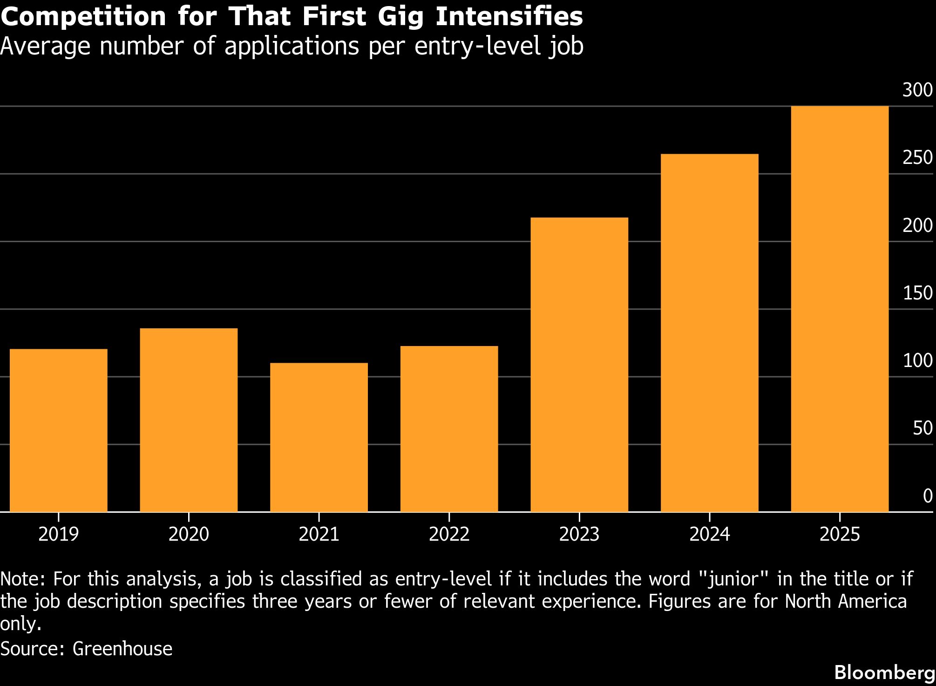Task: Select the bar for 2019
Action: pyautogui.click(x=59, y=430)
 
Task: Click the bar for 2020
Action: pyautogui.click(x=189, y=420)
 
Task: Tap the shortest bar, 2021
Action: pyautogui.click(x=319, y=437)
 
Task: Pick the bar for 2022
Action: pyautogui.click(x=449, y=429)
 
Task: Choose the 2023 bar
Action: pyautogui.click(x=579, y=365)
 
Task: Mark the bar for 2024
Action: pyautogui.click(x=709, y=333)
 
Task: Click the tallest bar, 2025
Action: pyautogui.click(x=840, y=309)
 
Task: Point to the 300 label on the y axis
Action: pyautogui.click(x=917, y=90)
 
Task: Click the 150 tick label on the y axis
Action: pyautogui.click(x=917, y=293)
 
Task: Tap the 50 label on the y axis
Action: pyautogui.click(x=922, y=428)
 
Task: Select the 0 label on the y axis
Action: pyautogui.click(x=928, y=496)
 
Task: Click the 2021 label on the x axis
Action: pyautogui.click(x=319, y=534)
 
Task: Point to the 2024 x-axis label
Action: pyautogui.click(x=709, y=534)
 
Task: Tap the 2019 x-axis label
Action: pyautogui.click(x=59, y=534)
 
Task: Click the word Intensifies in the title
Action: pyautogui.click(x=509, y=16)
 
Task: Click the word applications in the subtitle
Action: pyautogui.click(x=292, y=47)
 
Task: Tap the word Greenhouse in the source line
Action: pyautogui.click(x=122, y=648)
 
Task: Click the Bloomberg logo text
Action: pyautogui.click(x=884, y=672)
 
